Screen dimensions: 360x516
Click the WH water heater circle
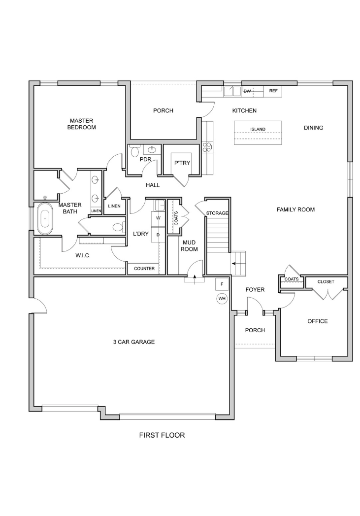(x=222, y=299)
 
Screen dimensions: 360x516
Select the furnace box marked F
(x=222, y=284)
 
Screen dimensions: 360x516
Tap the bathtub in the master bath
(x=45, y=219)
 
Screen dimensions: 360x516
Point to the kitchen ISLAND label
(x=258, y=129)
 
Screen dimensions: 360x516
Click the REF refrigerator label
(x=273, y=91)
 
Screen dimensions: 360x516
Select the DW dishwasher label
(x=247, y=91)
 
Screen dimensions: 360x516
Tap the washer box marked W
(x=158, y=218)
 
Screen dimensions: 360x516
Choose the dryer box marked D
(x=158, y=235)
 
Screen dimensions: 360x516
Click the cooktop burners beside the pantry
(x=208, y=147)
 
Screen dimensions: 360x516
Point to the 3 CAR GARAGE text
(x=134, y=342)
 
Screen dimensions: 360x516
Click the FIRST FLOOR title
(x=162, y=435)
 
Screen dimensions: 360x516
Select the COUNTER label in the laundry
(x=144, y=269)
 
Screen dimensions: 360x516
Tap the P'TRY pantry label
(x=182, y=163)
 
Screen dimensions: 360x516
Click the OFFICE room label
(x=318, y=321)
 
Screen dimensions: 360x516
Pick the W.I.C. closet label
(x=83, y=255)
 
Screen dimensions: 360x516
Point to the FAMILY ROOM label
(x=295, y=209)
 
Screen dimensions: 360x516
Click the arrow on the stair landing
(x=236, y=263)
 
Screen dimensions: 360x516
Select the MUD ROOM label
(x=190, y=246)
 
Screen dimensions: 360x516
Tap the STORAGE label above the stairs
(x=217, y=213)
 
